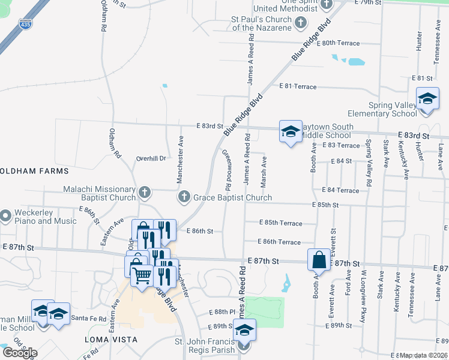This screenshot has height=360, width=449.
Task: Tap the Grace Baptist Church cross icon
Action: pos(184,197)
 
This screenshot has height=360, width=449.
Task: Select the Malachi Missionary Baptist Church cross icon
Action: pos(144,193)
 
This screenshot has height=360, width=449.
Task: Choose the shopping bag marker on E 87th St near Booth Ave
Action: pos(319,260)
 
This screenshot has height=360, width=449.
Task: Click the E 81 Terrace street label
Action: pos(298,87)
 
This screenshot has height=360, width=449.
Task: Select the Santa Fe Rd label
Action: pos(88,317)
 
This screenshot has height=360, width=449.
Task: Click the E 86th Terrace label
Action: pos(279,242)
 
